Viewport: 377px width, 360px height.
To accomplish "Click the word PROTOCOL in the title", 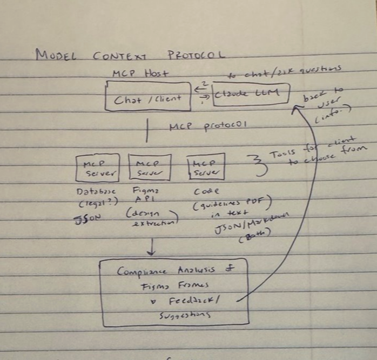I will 196,55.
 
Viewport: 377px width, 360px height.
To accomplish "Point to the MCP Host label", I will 139,74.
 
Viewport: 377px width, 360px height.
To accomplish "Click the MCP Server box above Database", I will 98,168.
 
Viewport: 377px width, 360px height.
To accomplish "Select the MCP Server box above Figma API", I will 150,168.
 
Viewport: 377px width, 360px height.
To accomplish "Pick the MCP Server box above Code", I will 205,167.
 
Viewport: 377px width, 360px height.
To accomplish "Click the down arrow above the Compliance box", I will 151,247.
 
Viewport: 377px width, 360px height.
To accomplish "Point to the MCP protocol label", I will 208,126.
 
